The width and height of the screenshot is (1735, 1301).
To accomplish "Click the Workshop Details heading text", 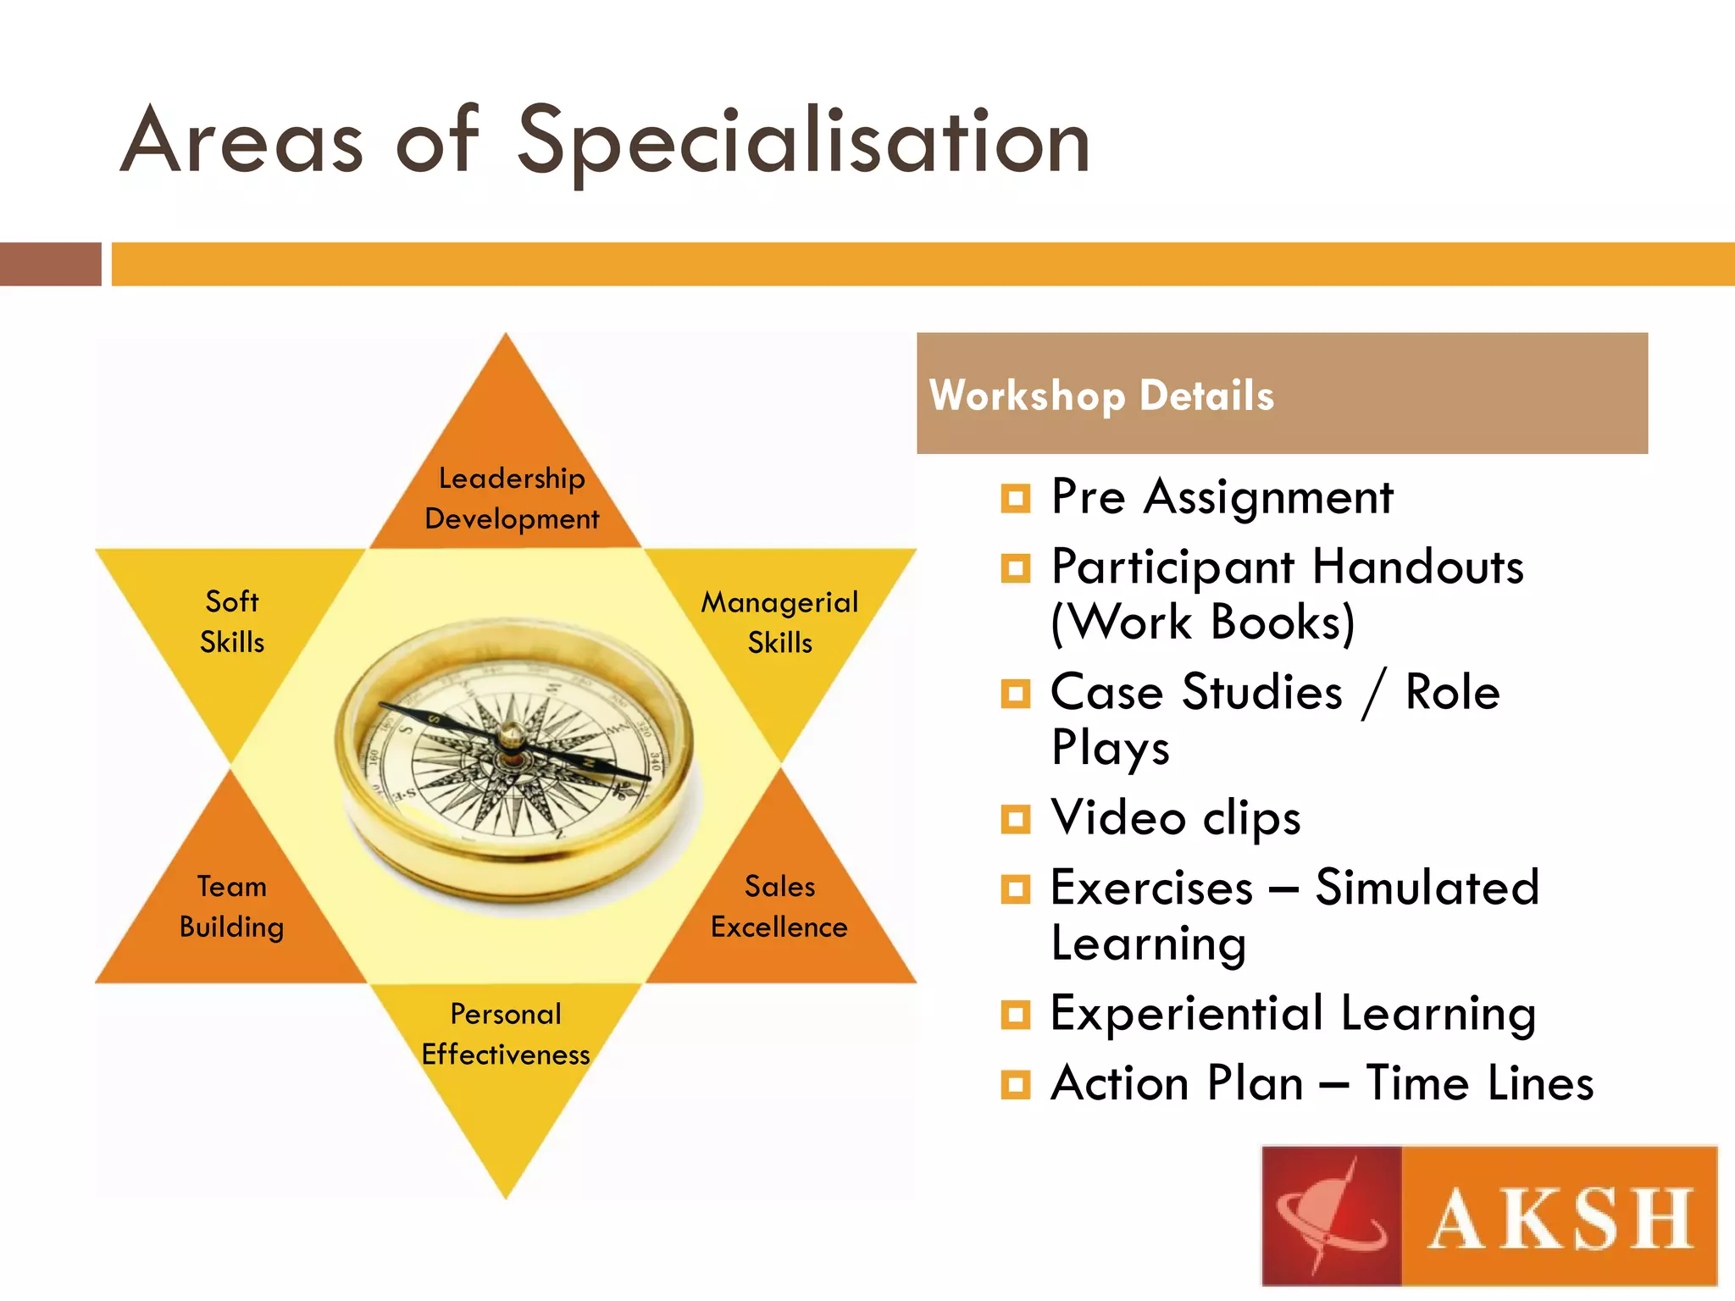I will pyautogui.click(x=1101, y=396).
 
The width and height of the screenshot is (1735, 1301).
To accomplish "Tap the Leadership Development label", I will pyautogui.click(x=512, y=498).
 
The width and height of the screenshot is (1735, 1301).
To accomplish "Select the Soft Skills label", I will pyautogui.click(x=232, y=622).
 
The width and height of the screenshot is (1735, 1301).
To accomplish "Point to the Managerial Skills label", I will pyautogui.click(x=779, y=622).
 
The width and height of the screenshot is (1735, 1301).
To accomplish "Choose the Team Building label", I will pyautogui.click(x=232, y=906).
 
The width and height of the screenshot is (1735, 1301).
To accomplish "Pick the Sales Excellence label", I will pyautogui.click(x=779, y=906).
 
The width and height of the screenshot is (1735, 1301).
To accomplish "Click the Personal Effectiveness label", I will pyautogui.click(x=507, y=1034).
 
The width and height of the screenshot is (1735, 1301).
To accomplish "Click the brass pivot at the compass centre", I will pyautogui.click(x=511, y=735).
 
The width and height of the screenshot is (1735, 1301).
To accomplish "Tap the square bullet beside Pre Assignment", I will pyautogui.click(x=1015, y=498).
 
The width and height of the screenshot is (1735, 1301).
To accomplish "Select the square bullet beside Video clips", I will pyautogui.click(x=1015, y=819).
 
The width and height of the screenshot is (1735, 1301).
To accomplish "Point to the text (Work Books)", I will pyautogui.click(x=1203, y=623).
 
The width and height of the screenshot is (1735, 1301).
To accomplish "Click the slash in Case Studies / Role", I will pyautogui.click(x=1374, y=693).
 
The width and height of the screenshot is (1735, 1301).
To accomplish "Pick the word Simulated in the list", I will pyautogui.click(x=1427, y=888).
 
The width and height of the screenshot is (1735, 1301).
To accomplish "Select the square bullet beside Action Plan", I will pyautogui.click(x=1015, y=1084).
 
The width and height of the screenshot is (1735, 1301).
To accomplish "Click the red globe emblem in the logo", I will pyautogui.click(x=1332, y=1216).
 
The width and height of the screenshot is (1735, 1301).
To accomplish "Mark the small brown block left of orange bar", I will pyautogui.click(x=50, y=264).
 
